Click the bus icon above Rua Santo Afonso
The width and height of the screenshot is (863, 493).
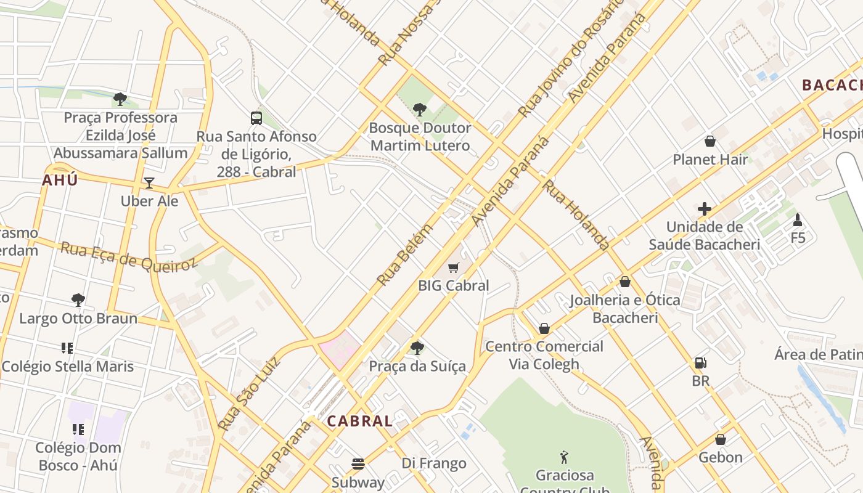256,118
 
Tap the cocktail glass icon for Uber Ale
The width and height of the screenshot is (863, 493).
149,183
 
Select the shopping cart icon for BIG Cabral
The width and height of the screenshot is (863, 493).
454,267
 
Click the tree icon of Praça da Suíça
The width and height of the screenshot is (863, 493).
417,348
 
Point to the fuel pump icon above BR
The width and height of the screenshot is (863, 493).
700,363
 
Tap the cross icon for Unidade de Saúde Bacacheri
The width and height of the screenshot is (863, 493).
705,209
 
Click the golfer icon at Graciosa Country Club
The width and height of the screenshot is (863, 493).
564,457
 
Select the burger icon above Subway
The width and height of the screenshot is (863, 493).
358,463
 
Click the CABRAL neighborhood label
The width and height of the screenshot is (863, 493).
359,422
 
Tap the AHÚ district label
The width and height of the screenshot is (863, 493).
60,181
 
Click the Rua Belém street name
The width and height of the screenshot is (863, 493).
405,255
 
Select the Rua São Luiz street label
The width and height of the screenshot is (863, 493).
249,393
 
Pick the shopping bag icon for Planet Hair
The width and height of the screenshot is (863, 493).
710,141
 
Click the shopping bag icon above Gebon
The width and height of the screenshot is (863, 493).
720,439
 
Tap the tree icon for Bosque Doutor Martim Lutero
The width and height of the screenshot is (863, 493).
420,110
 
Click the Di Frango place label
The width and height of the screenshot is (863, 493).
434,463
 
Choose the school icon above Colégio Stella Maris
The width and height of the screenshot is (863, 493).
67,348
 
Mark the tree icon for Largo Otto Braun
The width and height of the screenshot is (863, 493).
78,300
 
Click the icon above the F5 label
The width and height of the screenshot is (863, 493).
798,219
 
